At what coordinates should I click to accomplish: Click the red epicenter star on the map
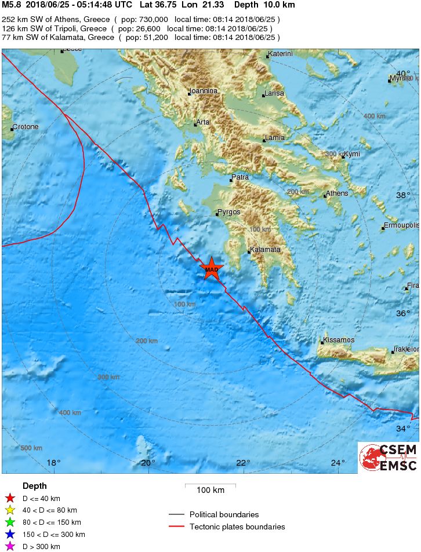click(x=212, y=269)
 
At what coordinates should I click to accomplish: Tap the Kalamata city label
click(x=266, y=250)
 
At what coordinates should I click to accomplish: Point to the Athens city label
click(x=337, y=193)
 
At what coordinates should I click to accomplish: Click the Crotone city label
click(x=26, y=127)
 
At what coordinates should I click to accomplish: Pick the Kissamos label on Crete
click(x=339, y=340)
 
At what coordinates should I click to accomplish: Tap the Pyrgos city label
click(x=228, y=212)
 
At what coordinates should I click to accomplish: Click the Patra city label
click(x=240, y=177)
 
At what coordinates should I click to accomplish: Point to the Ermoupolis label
click(x=401, y=226)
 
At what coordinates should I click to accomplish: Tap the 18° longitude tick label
click(x=53, y=462)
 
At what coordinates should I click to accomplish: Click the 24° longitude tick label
click(x=338, y=462)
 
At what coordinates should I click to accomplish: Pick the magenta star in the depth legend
click(x=9, y=546)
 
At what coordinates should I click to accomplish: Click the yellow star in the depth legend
click(x=9, y=510)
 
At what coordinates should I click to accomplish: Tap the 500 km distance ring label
click(x=31, y=448)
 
